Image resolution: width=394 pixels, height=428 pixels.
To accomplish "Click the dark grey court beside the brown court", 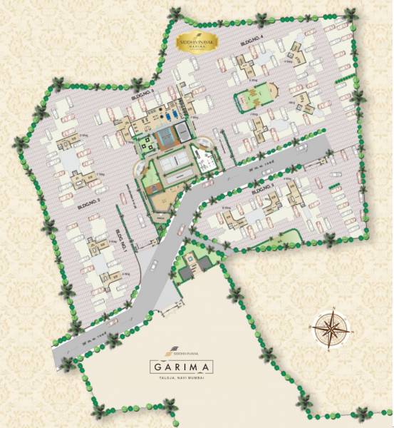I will pyautogui.click(x=183, y=131).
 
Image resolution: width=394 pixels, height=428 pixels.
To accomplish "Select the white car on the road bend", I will pyautogui.click(x=182, y=228).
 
